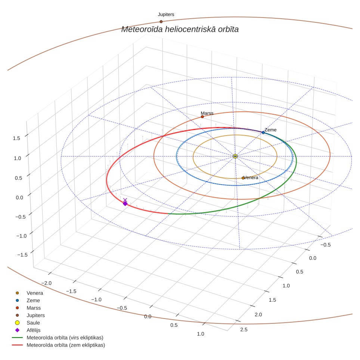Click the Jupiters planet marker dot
click(x=161, y=22)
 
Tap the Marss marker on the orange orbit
click(x=202, y=117)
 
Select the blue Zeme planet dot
click(x=263, y=133)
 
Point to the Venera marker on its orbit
click(x=243, y=178)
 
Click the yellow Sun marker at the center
click(x=235, y=156)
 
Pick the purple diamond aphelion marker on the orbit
click(x=125, y=204)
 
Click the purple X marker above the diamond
click(x=125, y=200)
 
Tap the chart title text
click(x=180, y=29)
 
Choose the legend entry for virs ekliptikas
click(x=58, y=338)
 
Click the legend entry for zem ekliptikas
click(x=59, y=345)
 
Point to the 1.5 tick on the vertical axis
click(x=16, y=138)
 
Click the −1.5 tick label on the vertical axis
click(x=22, y=255)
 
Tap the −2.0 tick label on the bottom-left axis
click(x=46, y=283)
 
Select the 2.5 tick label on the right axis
click(x=244, y=330)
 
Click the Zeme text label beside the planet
click(x=270, y=130)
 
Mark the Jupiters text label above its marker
click(x=166, y=15)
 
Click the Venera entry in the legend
click(x=29, y=293)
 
